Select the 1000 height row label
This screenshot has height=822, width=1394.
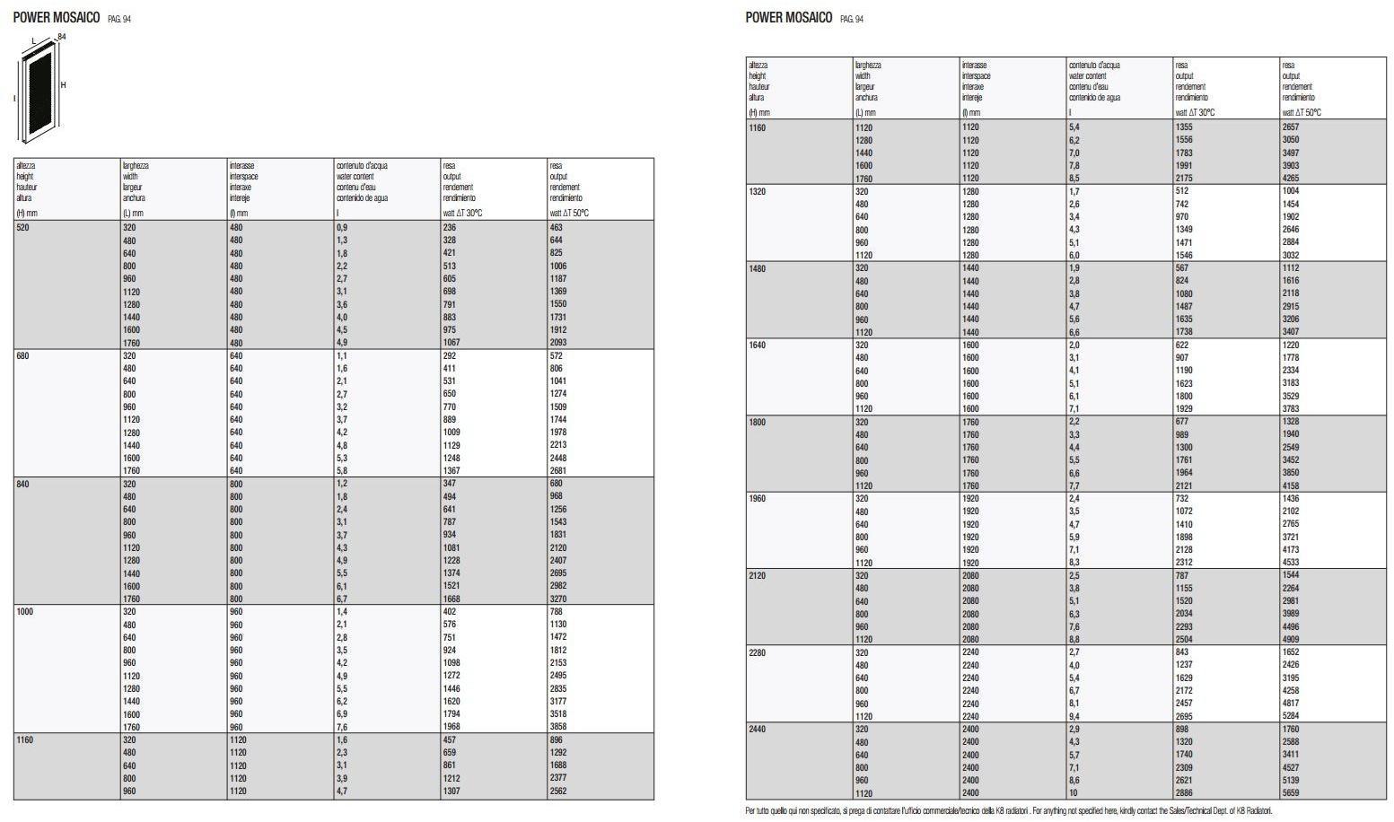[x=25, y=612]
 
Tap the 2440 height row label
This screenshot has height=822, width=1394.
[x=758, y=730]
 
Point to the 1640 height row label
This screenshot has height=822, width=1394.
[x=758, y=345]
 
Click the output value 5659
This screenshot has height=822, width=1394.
[x=1291, y=793]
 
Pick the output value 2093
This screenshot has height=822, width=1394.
[x=558, y=343]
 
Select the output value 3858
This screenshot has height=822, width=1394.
[x=558, y=727]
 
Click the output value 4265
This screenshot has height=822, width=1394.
[x=1291, y=179]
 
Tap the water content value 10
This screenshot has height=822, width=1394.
[x=1074, y=793]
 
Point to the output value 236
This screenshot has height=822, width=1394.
[x=450, y=228]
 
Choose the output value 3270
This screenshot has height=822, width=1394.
[x=558, y=599]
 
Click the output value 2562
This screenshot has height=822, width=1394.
[x=558, y=791]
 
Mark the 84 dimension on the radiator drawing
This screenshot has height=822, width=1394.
[x=62, y=37]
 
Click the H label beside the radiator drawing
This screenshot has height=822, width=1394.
[x=64, y=85]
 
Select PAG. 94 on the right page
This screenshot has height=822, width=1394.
[x=852, y=19]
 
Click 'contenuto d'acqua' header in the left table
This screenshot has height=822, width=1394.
[x=361, y=166]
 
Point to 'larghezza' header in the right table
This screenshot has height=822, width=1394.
[x=868, y=66]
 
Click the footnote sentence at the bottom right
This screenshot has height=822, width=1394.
[x=1009, y=811]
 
